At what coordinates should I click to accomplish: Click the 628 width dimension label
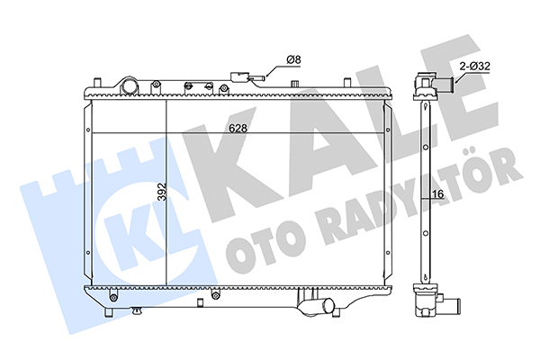[238, 128]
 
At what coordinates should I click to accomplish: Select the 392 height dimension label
[161, 192]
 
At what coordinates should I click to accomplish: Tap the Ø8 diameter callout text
[293, 59]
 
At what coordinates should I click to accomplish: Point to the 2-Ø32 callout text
[475, 66]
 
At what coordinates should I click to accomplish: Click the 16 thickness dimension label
[438, 194]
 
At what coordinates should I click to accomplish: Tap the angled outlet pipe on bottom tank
[317, 305]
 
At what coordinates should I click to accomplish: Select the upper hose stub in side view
[445, 83]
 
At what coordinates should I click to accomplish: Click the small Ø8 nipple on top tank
[257, 79]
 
